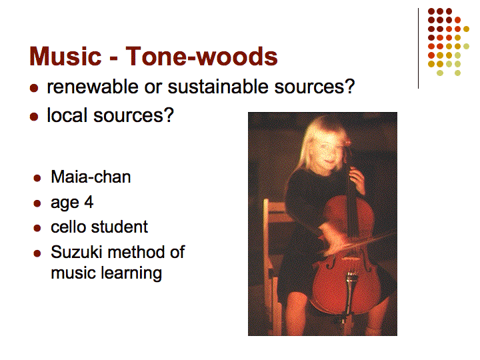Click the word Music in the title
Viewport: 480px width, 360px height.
tap(65, 56)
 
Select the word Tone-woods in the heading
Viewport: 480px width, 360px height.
tap(201, 56)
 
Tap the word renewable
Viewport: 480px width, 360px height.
tap(93, 87)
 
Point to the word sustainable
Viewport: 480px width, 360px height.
tap(218, 87)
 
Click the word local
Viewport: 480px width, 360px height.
tap(67, 115)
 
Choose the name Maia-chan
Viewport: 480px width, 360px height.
tap(91, 177)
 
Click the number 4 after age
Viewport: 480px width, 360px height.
tap(89, 202)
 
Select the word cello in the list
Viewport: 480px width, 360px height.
tap(69, 227)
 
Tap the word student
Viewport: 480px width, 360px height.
tap(119, 227)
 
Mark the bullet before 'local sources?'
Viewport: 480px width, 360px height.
tap(34, 117)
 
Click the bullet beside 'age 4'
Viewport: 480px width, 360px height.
tap(37, 203)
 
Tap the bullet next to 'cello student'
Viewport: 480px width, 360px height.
tap(37, 228)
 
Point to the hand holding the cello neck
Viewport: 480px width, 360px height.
tap(357, 180)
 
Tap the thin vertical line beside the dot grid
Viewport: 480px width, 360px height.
tap(418, 49)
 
